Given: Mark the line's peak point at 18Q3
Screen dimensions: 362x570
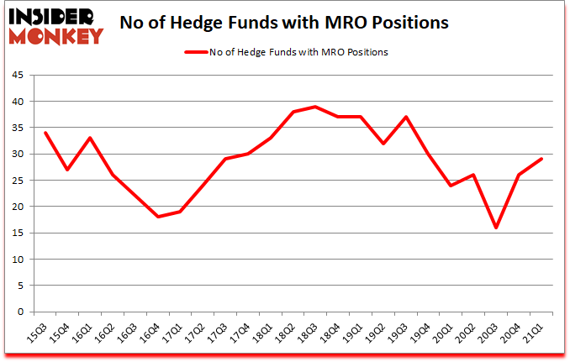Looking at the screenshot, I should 315,107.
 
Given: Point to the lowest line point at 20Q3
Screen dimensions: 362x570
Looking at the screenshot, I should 496,228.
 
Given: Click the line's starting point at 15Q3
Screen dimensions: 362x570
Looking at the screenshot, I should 45,133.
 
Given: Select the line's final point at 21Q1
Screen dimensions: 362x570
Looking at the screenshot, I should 541,159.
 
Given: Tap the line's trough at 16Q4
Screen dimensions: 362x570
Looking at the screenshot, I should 158,217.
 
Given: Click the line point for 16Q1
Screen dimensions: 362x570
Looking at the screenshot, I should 90,138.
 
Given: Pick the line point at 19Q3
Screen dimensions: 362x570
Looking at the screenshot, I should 406,117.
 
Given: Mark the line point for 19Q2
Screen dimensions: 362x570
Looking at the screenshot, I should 383,144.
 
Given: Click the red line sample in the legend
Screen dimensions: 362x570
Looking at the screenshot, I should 203,52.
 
